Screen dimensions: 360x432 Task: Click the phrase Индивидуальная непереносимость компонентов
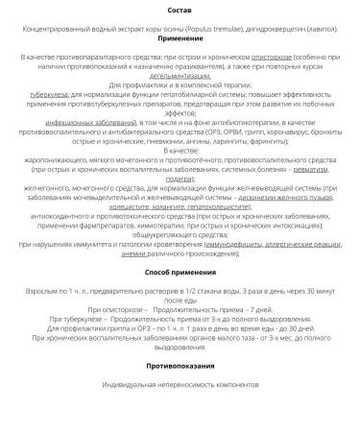coord(180,411)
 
